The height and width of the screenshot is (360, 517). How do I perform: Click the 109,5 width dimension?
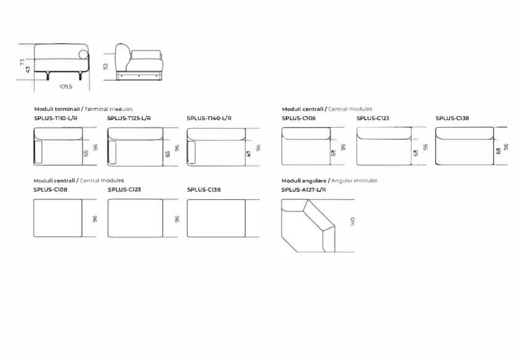[x=66, y=86]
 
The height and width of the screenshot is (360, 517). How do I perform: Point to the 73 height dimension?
[x=21, y=62]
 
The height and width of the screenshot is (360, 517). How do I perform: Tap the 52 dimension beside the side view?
[x=105, y=65]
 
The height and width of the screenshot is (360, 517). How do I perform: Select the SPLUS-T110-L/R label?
[x=55, y=117]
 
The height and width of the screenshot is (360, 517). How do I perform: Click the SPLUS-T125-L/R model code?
[x=129, y=117]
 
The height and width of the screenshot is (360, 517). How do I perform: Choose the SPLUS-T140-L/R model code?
[x=209, y=117]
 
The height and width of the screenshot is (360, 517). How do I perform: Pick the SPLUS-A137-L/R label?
[x=304, y=190]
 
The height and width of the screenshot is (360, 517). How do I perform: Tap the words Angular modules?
[x=354, y=181]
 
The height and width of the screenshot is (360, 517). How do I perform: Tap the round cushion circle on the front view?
[x=82, y=55]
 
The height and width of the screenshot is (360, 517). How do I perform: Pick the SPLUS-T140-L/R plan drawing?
[x=216, y=146]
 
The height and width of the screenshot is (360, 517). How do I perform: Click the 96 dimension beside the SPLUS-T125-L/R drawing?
[x=177, y=148]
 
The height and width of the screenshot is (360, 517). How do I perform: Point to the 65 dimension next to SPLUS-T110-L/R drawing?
[x=87, y=153]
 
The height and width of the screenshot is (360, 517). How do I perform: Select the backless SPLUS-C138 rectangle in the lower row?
[x=216, y=218]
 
